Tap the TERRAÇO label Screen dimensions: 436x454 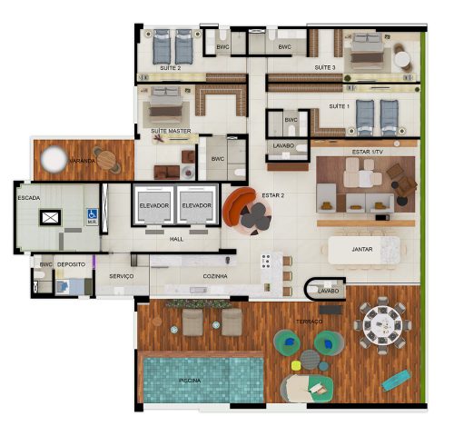[308, 321]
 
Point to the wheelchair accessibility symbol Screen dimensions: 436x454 [92, 215]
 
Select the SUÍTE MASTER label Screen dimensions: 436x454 [171, 131]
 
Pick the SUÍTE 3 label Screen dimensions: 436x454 [324, 67]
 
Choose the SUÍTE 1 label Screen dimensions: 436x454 [338, 106]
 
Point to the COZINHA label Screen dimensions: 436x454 [215, 275]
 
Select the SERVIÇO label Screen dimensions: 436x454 [122, 275]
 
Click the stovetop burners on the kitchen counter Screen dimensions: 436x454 [267, 263]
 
